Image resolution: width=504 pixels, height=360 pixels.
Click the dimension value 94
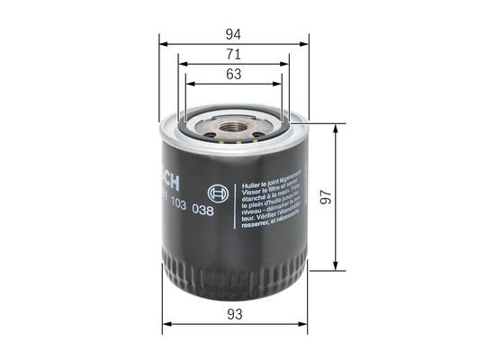pos(233,33)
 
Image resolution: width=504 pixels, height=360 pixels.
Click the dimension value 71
pos(233,54)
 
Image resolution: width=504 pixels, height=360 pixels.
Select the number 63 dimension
pos(233,75)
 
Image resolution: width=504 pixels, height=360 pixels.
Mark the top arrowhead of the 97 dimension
pos(336,127)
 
